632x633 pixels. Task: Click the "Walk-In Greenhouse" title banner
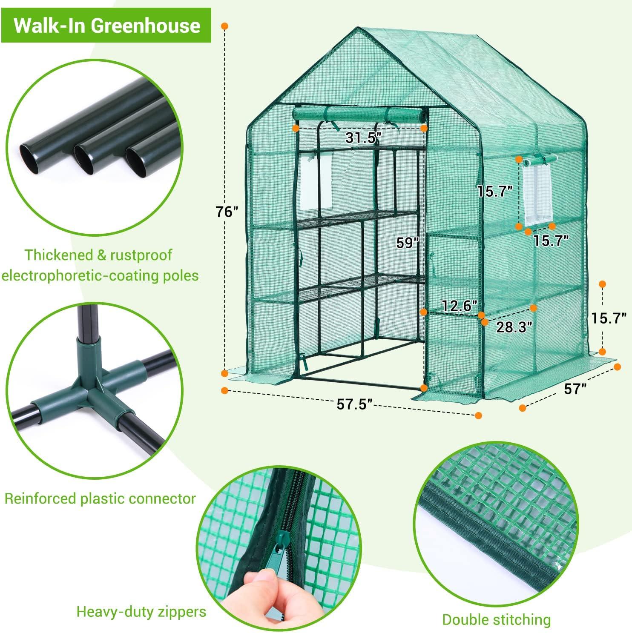[107, 26]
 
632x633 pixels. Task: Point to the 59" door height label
[408, 243]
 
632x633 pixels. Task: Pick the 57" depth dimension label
[575, 388]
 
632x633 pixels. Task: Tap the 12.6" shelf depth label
[459, 306]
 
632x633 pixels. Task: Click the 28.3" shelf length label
[514, 327]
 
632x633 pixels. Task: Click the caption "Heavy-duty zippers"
[141, 612]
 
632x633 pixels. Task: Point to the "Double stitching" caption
[496, 619]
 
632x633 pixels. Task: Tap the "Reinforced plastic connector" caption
[100, 498]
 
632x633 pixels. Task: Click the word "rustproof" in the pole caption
[141, 255]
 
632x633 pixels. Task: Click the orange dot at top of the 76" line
[225, 26]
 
